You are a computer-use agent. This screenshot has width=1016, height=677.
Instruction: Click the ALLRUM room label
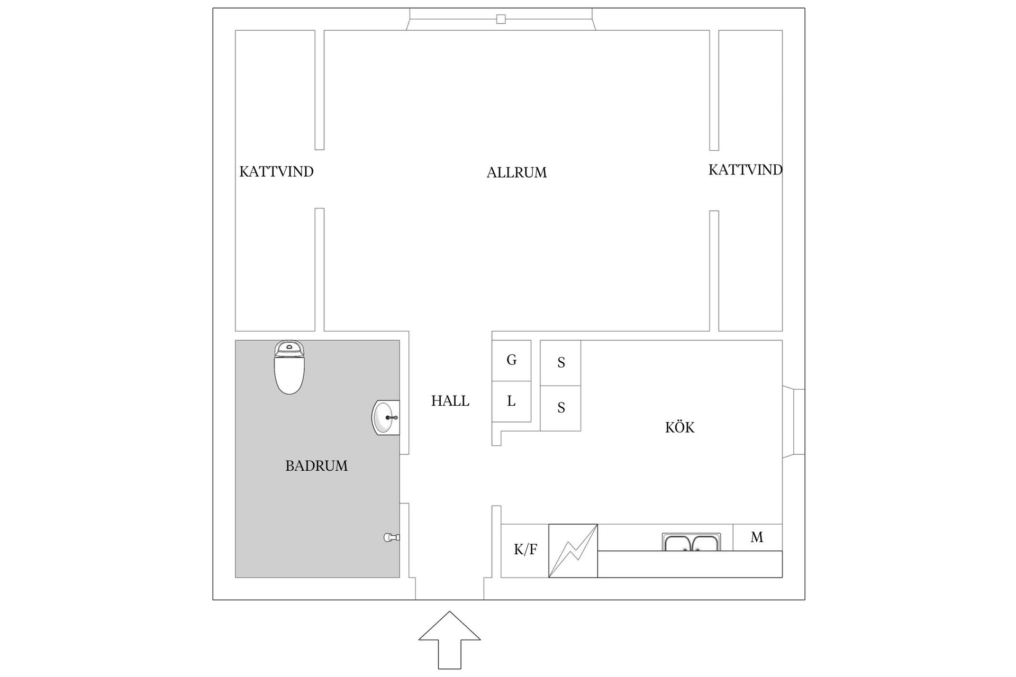(516, 172)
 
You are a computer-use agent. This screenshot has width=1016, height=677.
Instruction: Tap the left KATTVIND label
(276, 172)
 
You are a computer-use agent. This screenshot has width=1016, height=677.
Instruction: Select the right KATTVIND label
(745, 170)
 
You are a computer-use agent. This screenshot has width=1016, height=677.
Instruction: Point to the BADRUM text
(316, 466)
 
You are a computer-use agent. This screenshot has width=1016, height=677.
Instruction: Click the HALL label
(450, 401)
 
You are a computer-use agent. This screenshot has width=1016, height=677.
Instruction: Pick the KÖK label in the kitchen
(679, 427)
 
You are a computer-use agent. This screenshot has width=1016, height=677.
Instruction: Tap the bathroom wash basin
(386, 417)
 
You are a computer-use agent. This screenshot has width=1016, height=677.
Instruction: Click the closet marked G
(511, 360)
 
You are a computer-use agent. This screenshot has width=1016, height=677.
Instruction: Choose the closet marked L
(511, 401)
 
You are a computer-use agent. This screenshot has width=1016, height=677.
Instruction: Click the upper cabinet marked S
(560, 363)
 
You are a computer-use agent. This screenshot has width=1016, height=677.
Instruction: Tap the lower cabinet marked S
(560, 408)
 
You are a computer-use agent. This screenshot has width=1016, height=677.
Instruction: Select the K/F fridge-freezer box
(525, 550)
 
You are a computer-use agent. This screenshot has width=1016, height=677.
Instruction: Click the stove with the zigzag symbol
(573, 551)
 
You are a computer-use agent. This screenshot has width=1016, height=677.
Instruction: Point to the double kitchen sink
(691, 543)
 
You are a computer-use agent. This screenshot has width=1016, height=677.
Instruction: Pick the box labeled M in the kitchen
(757, 537)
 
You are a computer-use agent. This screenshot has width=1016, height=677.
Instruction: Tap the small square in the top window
(501, 20)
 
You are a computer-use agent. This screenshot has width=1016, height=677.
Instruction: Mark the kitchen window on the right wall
(793, 422)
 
